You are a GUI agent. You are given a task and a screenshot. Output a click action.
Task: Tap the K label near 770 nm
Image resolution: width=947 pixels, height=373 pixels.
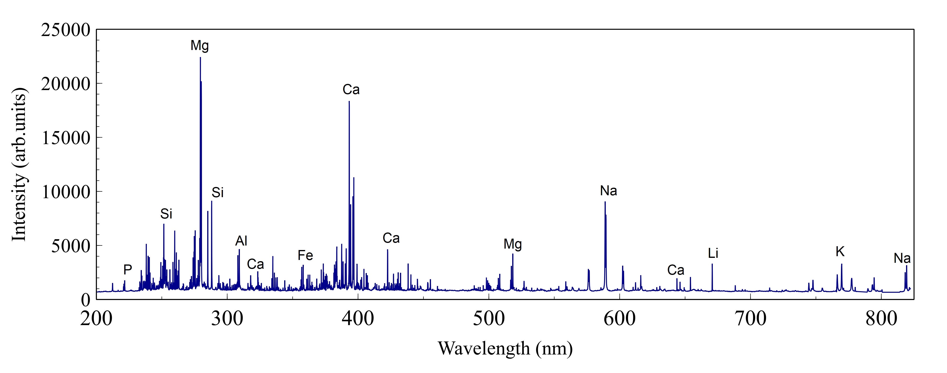coord(840,252)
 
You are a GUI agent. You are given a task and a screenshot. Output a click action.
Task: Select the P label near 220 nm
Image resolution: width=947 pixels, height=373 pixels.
coord(128,270)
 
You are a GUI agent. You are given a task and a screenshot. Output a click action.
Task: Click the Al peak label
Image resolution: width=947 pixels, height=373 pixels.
coord(241,241)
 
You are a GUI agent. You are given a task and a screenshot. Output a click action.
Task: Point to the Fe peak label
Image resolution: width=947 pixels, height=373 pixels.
coord(305,255)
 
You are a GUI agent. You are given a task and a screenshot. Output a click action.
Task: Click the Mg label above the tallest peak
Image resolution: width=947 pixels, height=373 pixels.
coord(200,45)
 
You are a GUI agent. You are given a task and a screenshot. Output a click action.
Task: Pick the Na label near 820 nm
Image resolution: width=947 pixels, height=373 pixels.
coord(902,258)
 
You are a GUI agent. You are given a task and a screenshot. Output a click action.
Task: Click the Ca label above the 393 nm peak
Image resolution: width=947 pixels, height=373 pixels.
coord(351,90)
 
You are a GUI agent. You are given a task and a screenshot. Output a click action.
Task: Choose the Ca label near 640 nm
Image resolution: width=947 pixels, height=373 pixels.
coord(676,270)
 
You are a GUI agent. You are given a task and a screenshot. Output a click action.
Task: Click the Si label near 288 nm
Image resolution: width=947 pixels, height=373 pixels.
coord(218,193)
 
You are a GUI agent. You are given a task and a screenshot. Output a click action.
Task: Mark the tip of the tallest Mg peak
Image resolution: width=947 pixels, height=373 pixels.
coord(200,57)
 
